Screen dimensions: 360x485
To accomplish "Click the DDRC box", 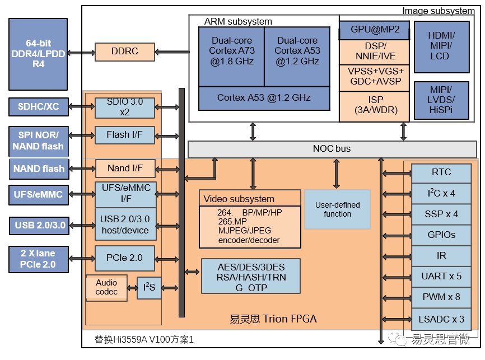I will click(x=124, y=52).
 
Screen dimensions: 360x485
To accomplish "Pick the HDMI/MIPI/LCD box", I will click(x=441, y=47).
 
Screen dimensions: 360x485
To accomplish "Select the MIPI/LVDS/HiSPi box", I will click(x=441, y=100).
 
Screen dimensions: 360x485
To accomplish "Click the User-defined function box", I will click(x=337, y=209).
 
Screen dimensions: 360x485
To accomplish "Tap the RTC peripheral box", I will click(x=441, y=172).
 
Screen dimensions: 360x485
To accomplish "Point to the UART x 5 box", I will click(x=441, y=276).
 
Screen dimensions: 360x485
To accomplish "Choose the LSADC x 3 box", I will click(x=441, y=319).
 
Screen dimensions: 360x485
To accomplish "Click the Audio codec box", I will click(x=106, y=287).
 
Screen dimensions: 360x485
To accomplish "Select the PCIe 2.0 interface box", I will click(x=124, y=258).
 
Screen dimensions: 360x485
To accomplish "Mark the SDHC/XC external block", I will click(x=39, y=107).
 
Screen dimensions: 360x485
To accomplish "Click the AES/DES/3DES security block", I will click(x=250, y=275).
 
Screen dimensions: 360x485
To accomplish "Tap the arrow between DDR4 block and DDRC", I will click(x=82, y=52).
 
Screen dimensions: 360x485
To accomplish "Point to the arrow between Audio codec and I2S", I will click(x=132, y=288).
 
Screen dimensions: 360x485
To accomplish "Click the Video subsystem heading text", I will click(x=239, y=199).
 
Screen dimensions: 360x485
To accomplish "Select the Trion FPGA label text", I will click(x=273, y=319).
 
